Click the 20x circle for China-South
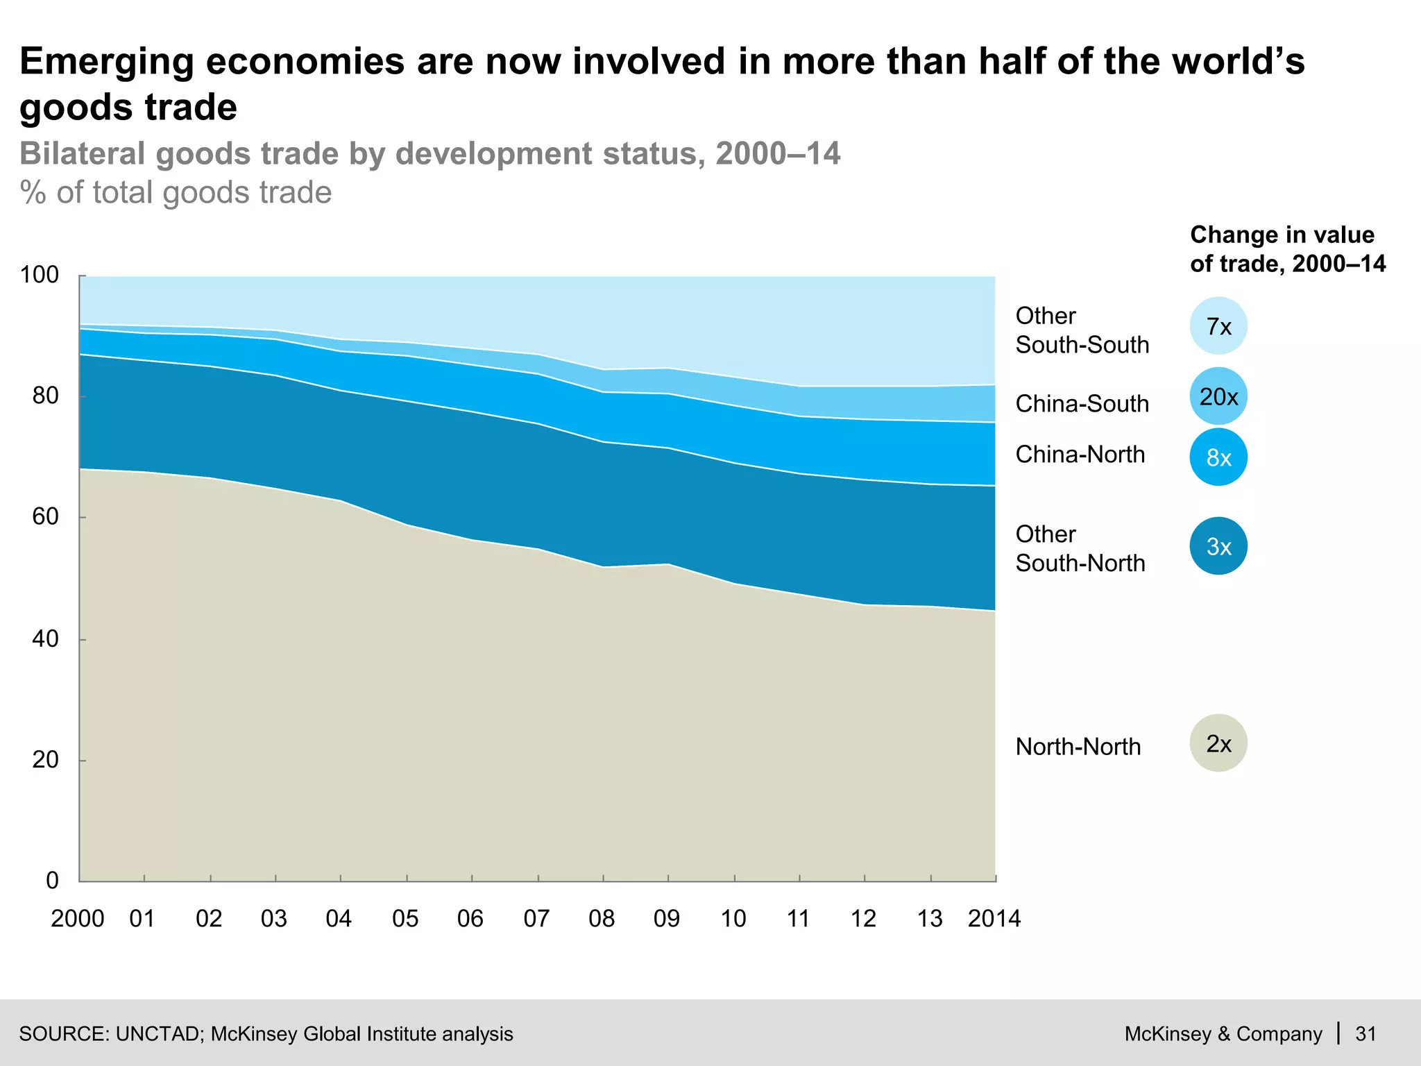[1218, 396]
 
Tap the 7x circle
[1218, 326]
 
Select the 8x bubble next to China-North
[1218, 457]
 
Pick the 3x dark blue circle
[1218, 546]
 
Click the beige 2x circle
[1218, 743]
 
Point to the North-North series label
[1078, 747]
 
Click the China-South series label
[1082, 404]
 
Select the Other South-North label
[1080, 548]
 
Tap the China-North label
[1080, 455]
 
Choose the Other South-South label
[1082, 330]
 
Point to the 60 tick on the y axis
[45, 517]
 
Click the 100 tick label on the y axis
[40, 275]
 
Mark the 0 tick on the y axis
[53, 881]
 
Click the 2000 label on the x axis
[77, 919]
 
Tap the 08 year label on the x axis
[602, 919]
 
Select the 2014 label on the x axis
[994, 919]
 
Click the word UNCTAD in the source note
[158, 1034]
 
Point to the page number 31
[1365, 1034]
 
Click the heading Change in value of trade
[1287, 249]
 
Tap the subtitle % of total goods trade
[176, 192]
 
